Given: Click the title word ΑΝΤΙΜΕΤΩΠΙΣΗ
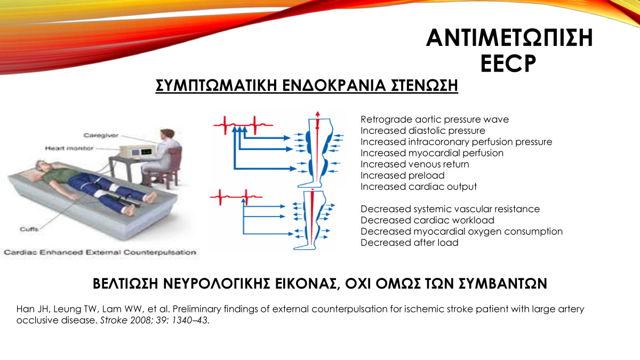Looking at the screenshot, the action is tap(509, 38).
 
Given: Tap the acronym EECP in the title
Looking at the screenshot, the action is tap(508, 63).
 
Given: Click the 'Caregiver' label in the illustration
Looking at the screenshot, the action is tap(101, 135).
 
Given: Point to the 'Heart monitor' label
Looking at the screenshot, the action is tap(69, 148).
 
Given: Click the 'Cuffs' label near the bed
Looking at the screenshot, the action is tap(29, 229).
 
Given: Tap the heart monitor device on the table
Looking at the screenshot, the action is tap(138, 151).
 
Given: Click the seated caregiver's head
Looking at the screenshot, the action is tap(167, 135).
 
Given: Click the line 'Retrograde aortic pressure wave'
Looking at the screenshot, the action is tap(435, 119).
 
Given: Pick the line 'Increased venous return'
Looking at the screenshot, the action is tap(414, 164).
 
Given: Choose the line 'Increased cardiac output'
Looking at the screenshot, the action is tap(419, 187).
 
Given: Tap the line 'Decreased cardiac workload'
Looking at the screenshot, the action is tap(427, 220).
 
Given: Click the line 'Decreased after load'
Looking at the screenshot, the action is tap(410, 243).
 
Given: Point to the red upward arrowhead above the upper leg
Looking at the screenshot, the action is tap(317, 114).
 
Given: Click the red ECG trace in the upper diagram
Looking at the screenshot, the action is tap(243, 125).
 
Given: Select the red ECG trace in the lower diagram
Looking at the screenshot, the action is tap(236, 197).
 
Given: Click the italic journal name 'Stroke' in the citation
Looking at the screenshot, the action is tap(114, 321).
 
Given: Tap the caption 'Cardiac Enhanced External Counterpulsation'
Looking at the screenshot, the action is tap(100, 253).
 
